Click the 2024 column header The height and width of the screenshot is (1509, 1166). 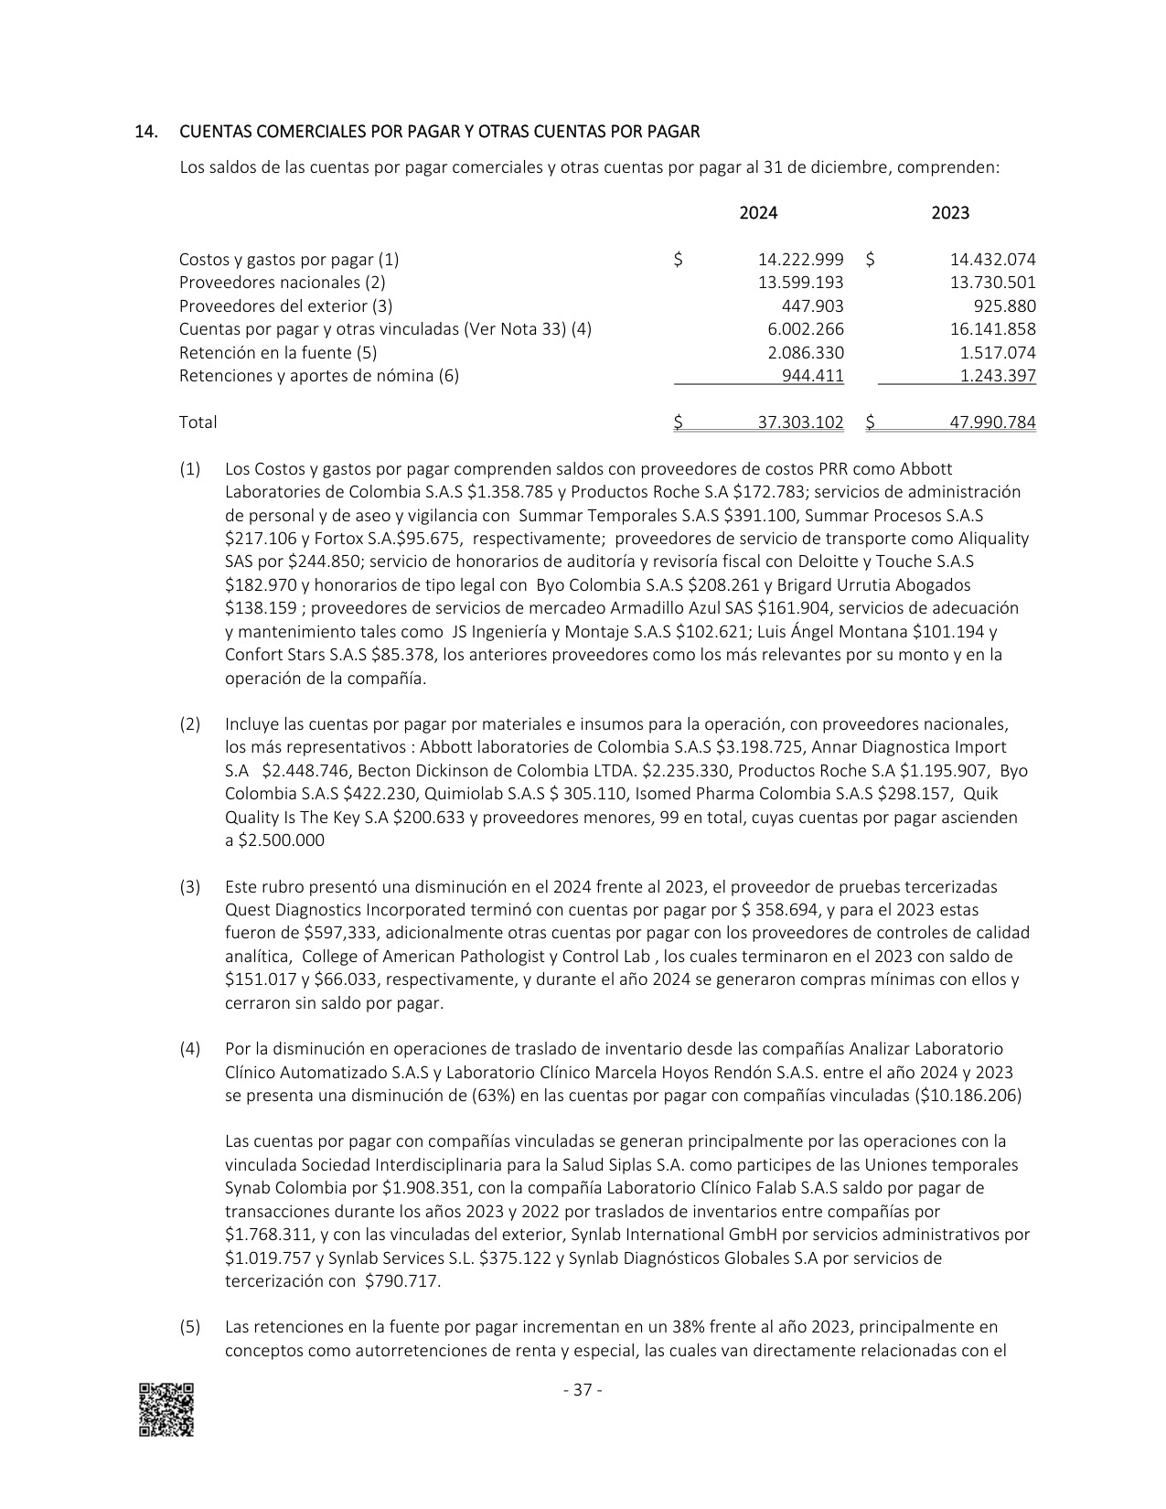click(x=758, y=213)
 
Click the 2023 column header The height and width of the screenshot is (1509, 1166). click(x=950, y=213)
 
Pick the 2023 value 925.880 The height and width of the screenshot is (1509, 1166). click(x=1004, y=306)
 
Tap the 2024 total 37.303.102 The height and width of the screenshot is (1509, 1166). click(x=801, y=423)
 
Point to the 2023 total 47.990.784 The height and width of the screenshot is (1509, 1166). click(x=993, y=423)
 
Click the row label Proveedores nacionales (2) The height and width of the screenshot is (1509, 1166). click(x=283, y=283)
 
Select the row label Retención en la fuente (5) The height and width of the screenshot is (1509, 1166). click(x=278, y=352)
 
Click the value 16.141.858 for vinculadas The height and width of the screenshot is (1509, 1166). click(x=993, y=329)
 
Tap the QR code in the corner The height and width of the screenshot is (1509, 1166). click(x=166, y=1409)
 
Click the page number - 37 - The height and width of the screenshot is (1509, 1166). click(x=583, y=1390)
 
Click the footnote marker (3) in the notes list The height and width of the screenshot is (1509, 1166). click(x=189, y=886)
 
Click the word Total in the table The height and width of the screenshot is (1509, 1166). click(x=198, y=423)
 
